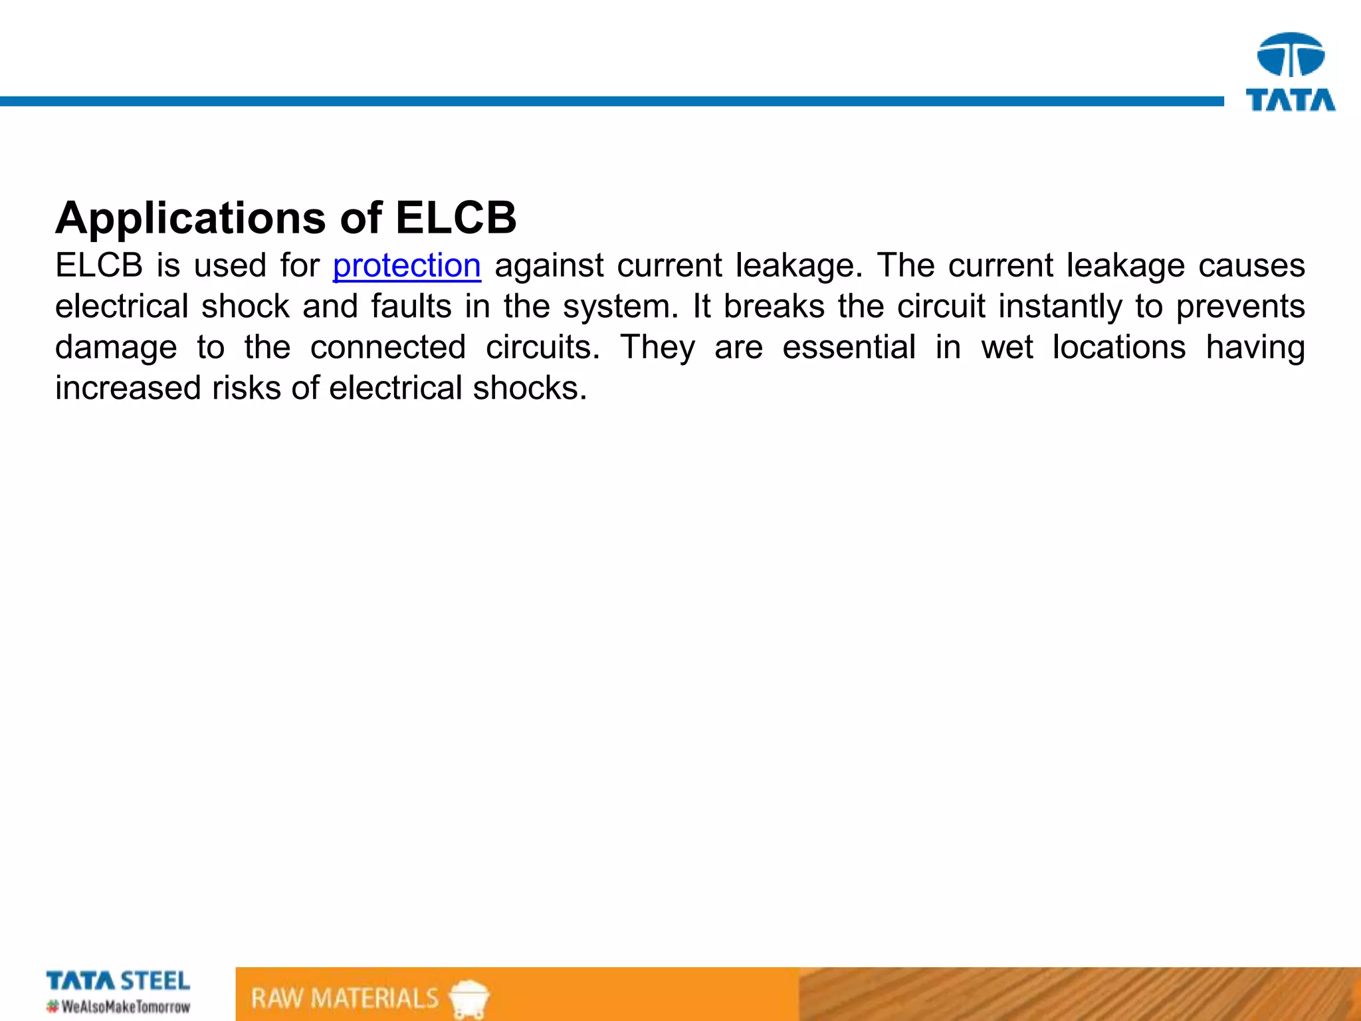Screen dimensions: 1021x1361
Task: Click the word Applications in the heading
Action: tap(191, 219)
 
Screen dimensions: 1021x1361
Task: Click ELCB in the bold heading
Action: tap(456, 217)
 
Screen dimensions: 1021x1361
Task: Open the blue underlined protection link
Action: tap(407, 266)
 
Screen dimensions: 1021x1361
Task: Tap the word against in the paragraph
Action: tap(549, 266)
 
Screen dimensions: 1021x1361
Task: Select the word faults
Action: tap(411, 307)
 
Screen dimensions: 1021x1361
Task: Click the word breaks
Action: tap(774, 307)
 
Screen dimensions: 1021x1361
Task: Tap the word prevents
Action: tap(1240, 307)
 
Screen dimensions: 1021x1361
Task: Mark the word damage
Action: tap(116, 348)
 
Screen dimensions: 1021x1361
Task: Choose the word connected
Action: tap(388, 348)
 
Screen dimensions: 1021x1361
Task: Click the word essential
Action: tap(849, 348)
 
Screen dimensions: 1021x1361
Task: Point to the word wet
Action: tap(1007, 348)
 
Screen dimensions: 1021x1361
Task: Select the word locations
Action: tap(1119, 348)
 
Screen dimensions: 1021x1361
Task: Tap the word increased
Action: tap(127, 388)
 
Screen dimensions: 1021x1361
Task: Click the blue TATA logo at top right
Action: tap(1291, 72)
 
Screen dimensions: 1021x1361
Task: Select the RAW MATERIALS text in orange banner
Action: tap(345, 998)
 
